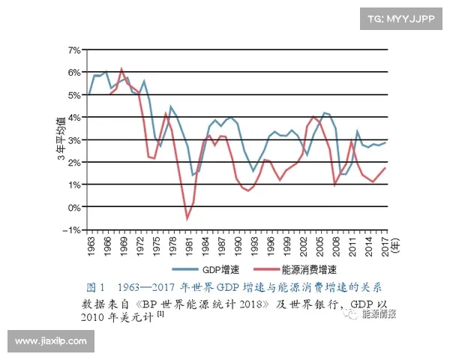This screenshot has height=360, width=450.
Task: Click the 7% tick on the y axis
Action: (x=74, y=49)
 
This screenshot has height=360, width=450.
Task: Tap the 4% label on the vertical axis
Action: (x=74, y=117)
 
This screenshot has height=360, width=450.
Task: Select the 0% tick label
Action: (x=74, y=207)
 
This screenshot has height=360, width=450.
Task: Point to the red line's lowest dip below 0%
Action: (x=187, y=218)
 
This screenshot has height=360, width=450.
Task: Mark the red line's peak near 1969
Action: (x=121, y=69)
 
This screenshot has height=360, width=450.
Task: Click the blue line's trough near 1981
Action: (x=193, y=175)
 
